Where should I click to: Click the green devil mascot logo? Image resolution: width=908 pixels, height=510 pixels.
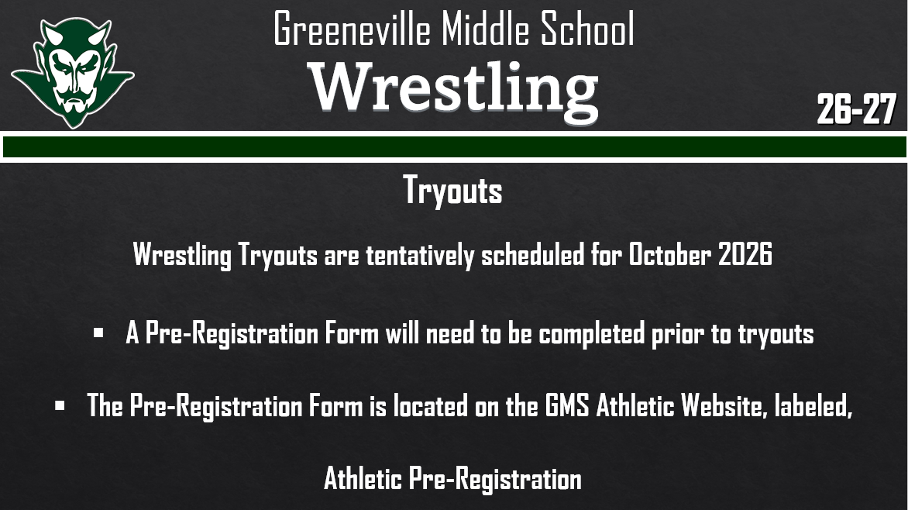72,71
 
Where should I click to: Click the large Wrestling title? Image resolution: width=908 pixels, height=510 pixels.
454,88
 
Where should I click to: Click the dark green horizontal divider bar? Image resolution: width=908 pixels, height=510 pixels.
454,146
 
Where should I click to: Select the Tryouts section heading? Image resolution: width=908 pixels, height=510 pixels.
452,191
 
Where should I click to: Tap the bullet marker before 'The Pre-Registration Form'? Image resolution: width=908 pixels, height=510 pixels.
60,405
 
